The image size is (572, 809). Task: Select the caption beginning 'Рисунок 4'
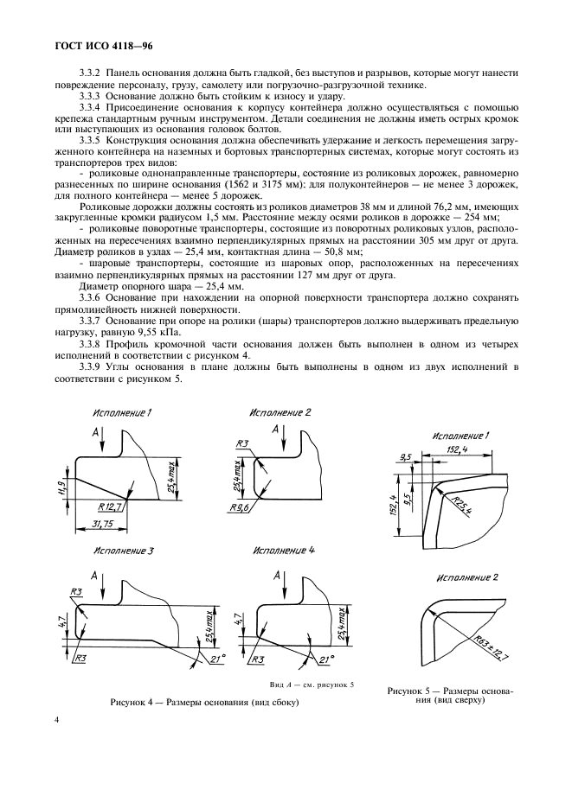click(199, 702)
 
